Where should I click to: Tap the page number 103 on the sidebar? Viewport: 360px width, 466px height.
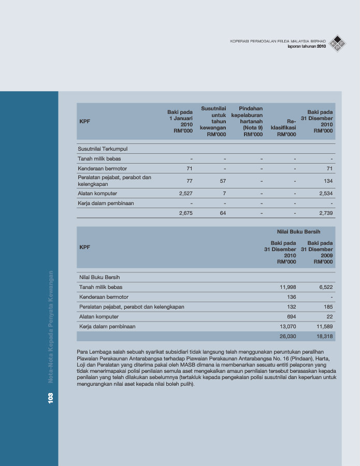pyautogui.click(x=51, y=398)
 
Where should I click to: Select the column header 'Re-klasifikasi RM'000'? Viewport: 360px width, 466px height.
pyautogui.click(x=286, y=127)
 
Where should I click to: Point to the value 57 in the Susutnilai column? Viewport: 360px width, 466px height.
pyautogui.click(x=222, y=181)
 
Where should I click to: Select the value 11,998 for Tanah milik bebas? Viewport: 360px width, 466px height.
pyautogui.click(x=287, y=287)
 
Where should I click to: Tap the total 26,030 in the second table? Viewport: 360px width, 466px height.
pyautogui.click(x=287, y=336)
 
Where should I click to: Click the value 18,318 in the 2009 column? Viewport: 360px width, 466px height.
pyautogui.click(x=324, y=336)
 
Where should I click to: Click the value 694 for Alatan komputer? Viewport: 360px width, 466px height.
pyautogui.click(x=291, y=316)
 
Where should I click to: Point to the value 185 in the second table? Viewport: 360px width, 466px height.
pyautogui.click(x=327, y=307)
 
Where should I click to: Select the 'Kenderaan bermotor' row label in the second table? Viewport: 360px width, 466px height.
pyautogui.click(x=104, y=297)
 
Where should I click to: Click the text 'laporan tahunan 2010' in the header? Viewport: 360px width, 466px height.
pyautogui.click(x=307, y=47)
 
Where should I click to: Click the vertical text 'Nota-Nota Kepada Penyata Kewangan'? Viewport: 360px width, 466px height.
pyautogui.click(x=51, y=326)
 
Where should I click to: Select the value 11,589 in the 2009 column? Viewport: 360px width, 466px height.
pyautogui.click(x=324, y=326)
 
